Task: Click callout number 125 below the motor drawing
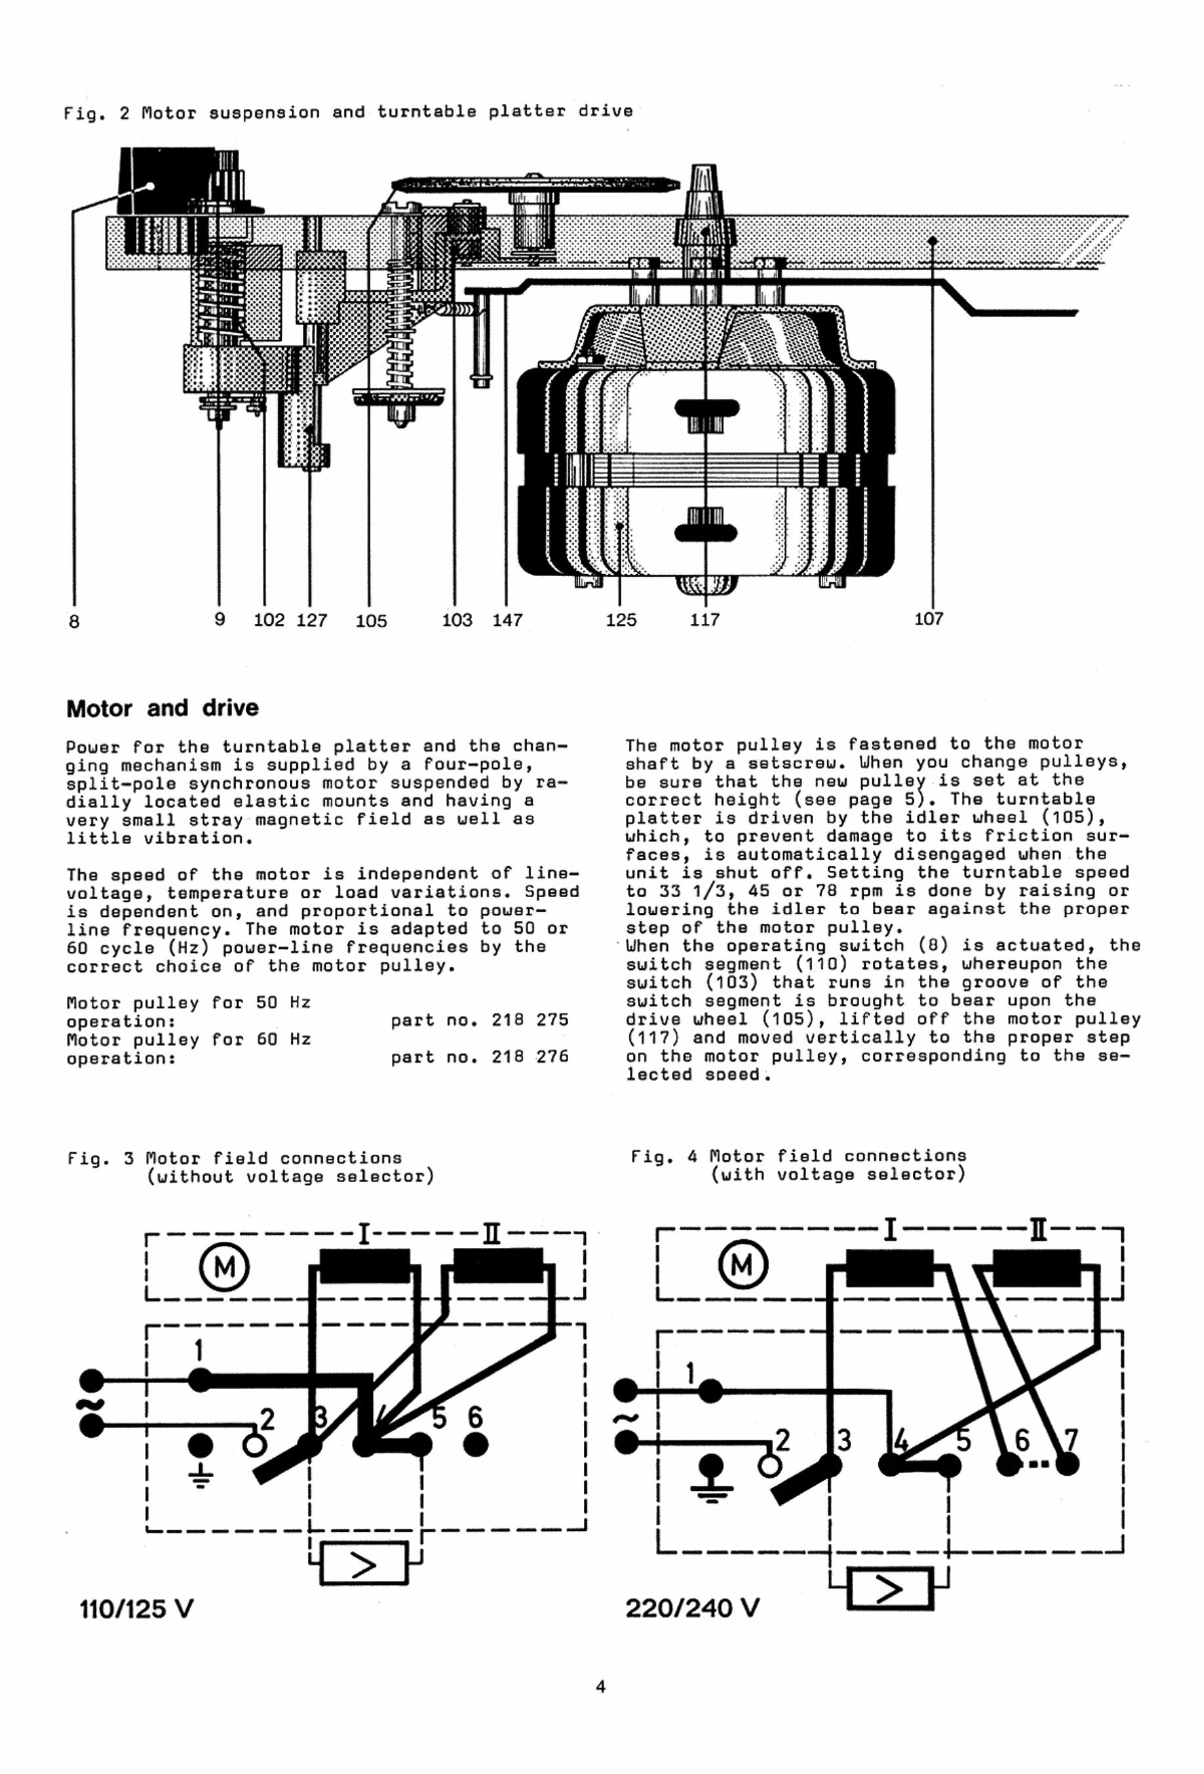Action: click(x=620, y=619)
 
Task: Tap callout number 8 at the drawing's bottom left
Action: click(x=74, y=621)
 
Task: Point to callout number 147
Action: click(x=507, y=620)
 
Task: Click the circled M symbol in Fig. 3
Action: click(x=224, y=1268)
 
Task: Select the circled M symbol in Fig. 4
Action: click(x=742, y=1266)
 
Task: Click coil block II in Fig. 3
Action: click(x=498, y=1265)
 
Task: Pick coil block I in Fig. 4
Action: click(x=889, y=1268)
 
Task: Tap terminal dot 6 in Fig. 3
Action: click(x=475, y=1444)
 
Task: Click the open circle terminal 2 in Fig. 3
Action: click(x=254, y=1445)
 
